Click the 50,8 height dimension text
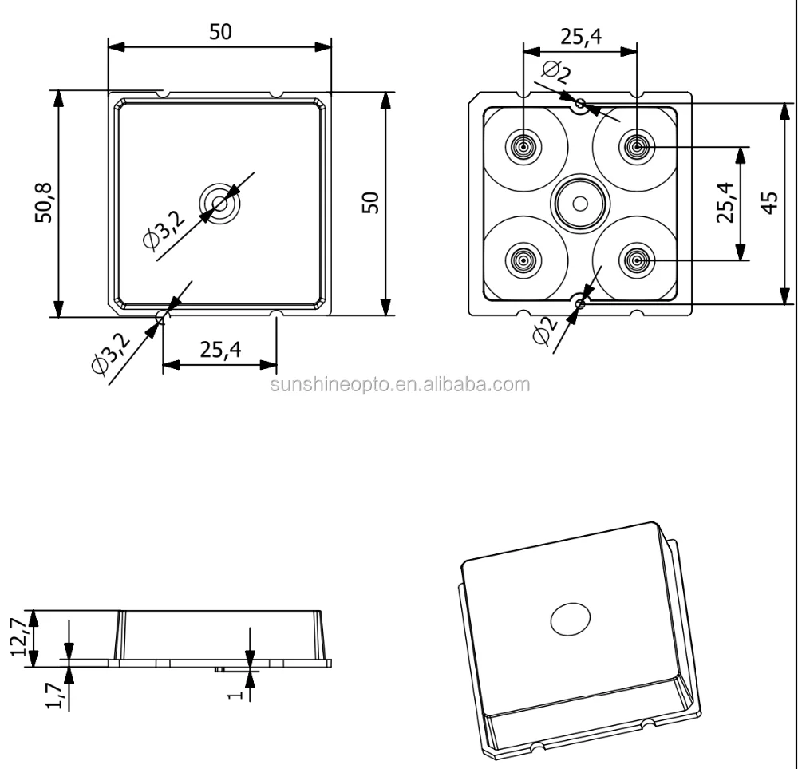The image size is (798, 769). pos(44,204)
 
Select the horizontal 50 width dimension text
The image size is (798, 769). pos(220,32)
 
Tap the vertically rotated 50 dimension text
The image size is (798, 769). pos(369,203)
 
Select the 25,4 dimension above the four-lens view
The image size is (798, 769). pos(580,37)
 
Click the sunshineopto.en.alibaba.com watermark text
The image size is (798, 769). pos(400,385)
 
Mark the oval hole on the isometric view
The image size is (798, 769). pos(571,618)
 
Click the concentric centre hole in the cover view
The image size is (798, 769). pos(220,204)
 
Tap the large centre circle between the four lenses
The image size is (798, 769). pos(580,204)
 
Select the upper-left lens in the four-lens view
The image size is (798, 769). pos(523,147)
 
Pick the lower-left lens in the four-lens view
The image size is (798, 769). pos(523,260)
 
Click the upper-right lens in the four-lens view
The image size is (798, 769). pos(637,147)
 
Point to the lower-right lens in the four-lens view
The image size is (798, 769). pos(637,260)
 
